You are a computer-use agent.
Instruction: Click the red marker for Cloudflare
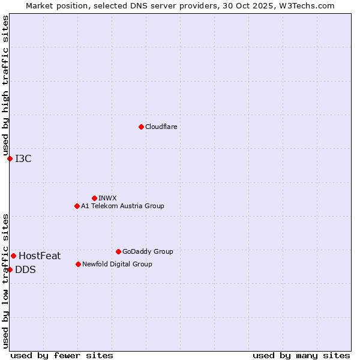pos(141,127)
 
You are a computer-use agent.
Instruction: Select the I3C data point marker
pos(10,158)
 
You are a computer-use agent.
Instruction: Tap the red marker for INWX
pos(94,198)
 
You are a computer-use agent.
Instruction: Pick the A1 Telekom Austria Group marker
pos(77,206)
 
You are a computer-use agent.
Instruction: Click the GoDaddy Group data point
pos(118,251)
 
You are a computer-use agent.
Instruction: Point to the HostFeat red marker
pos(13,256)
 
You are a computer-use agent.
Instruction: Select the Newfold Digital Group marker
pos(78,264)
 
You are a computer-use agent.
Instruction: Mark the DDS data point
pos(10,269)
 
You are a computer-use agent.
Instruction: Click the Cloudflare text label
pos(161,127)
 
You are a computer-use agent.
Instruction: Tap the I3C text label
pos(23,158)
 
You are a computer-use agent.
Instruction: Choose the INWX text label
pos(107,198)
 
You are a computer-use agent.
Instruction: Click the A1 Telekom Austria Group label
pos(122,206)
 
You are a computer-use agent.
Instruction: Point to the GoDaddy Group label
pos(148,251)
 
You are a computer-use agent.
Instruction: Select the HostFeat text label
pos(40,256)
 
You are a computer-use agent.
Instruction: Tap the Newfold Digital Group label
pos(117,264)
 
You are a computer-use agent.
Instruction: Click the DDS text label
pos(25,269)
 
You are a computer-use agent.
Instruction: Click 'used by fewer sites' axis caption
pos(62,355)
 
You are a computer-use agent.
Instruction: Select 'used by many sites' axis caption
pos(301,355)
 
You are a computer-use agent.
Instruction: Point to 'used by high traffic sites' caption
pos(5,86)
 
